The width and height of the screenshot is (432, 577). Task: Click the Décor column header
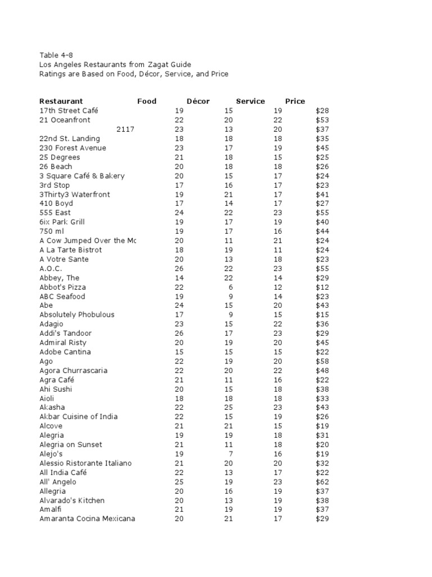(x=198, y=101)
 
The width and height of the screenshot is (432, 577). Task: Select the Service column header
(x=250, y=101)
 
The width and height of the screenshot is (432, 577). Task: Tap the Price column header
(x=295, y=101)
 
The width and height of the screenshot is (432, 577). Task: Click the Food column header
(x=147, y=101)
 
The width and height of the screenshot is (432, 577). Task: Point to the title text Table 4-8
(x=56, y=55)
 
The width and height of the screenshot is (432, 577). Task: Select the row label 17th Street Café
(x=69, y=111)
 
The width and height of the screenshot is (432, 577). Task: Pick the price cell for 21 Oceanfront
(x=322, y=120)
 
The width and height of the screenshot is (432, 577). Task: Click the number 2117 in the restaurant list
(x=125, y=130)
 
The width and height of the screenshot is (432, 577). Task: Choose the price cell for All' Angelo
(x=322, y=482)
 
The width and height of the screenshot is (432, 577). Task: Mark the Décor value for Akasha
(x=228, y=407)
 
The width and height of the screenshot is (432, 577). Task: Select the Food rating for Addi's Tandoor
(x=179, y=334)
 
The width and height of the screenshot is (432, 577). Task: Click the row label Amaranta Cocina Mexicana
(x=87, y=519)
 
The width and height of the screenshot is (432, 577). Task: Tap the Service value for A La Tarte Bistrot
(x=277, y=250)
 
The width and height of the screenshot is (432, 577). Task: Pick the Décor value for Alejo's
(x=231, y=454)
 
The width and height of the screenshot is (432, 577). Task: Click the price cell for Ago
(x=322, y=361)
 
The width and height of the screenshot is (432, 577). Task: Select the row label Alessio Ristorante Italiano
(x=85, y=463)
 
